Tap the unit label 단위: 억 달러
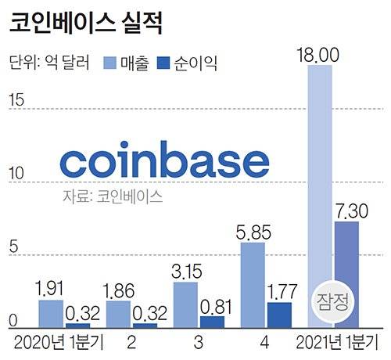[50, 62]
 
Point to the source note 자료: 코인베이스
[113, 196]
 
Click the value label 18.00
[321, 54]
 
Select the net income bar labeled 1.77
[279, 314]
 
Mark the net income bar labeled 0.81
[212, 321]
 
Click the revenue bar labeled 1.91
[51, 313]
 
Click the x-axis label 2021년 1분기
[339, 342]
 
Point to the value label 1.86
[118, 289]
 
